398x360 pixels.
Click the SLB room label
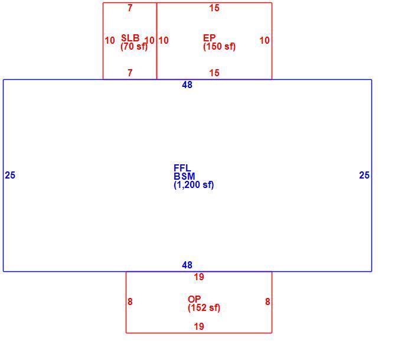coord(131,38)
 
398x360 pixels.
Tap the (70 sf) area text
coord(134,47)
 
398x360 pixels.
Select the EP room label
coord(210,38)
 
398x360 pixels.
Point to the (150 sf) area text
coord(219,47)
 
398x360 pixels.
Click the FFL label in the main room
coord(182,168)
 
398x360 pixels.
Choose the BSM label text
coord(184,176)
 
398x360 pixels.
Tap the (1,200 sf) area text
coord(194,184)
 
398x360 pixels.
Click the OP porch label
coord(194,299)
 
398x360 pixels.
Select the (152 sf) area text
coord(204,307)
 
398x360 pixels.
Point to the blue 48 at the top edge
coord(187,85)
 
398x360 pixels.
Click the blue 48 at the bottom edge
coord(187,265)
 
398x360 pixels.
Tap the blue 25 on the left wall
coord(10,176)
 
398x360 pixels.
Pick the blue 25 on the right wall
coord(364,176)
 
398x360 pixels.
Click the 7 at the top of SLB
coord(130,8)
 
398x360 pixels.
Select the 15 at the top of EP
coord(214,8)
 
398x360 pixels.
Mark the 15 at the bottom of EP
coord(214,73)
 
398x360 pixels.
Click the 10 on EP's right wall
coord(265,40)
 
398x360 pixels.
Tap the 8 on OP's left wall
coord(130,302)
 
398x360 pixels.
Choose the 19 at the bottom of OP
coord(199,326)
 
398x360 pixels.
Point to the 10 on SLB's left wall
coord(110,40)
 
